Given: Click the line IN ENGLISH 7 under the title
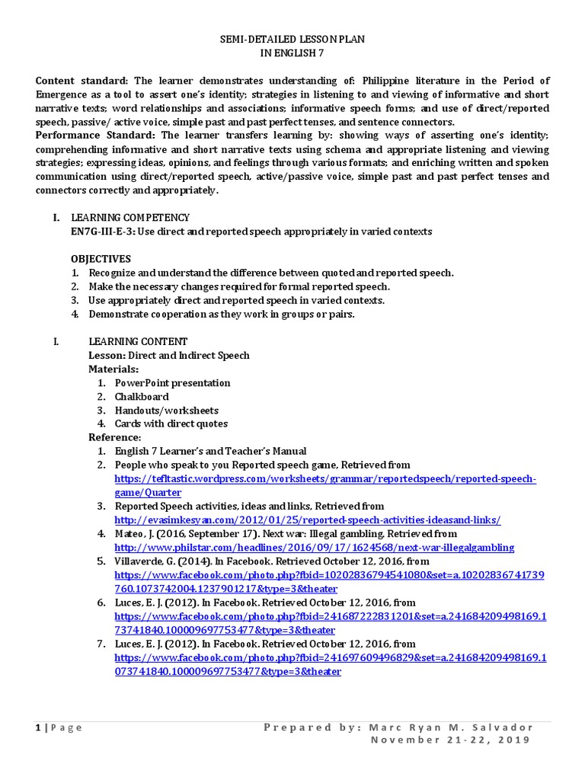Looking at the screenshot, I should point(292,53).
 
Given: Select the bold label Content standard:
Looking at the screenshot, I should point(84,81).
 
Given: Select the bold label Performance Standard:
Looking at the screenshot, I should point(95,135).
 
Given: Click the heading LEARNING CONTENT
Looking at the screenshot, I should point(138,341).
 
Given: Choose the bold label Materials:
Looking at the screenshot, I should point(113,369).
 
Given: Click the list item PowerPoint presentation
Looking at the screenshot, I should point(172,382).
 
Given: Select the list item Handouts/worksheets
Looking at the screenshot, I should point(166,410).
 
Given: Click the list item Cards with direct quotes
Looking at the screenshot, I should point(171,424).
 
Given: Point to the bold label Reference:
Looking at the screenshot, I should point(115,437).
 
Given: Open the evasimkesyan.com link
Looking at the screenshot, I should point(307,519).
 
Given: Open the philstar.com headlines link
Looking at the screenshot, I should point(314,547).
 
